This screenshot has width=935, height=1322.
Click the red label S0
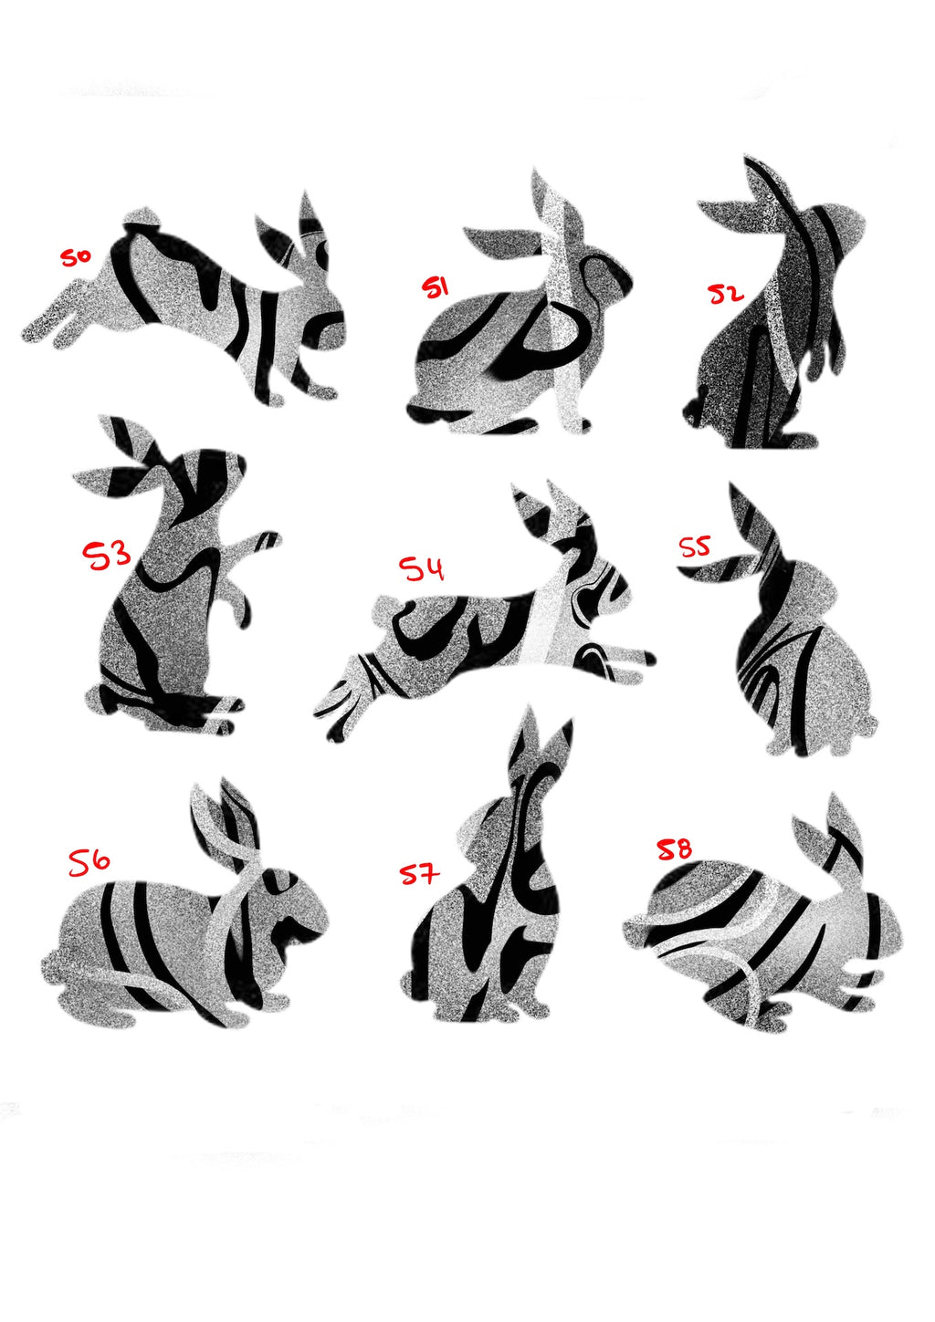click(x=75, y=257)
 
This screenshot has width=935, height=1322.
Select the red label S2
click(x=727, y=294)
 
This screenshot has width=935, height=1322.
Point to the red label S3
click(x=107, y=554)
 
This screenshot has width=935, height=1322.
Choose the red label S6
click(x=89, y=861)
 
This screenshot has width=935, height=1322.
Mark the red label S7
click(x=419, y=874)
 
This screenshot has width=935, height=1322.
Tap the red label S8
click(x=675, y=850)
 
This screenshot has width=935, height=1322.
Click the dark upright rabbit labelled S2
click(x=767, y=347)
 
